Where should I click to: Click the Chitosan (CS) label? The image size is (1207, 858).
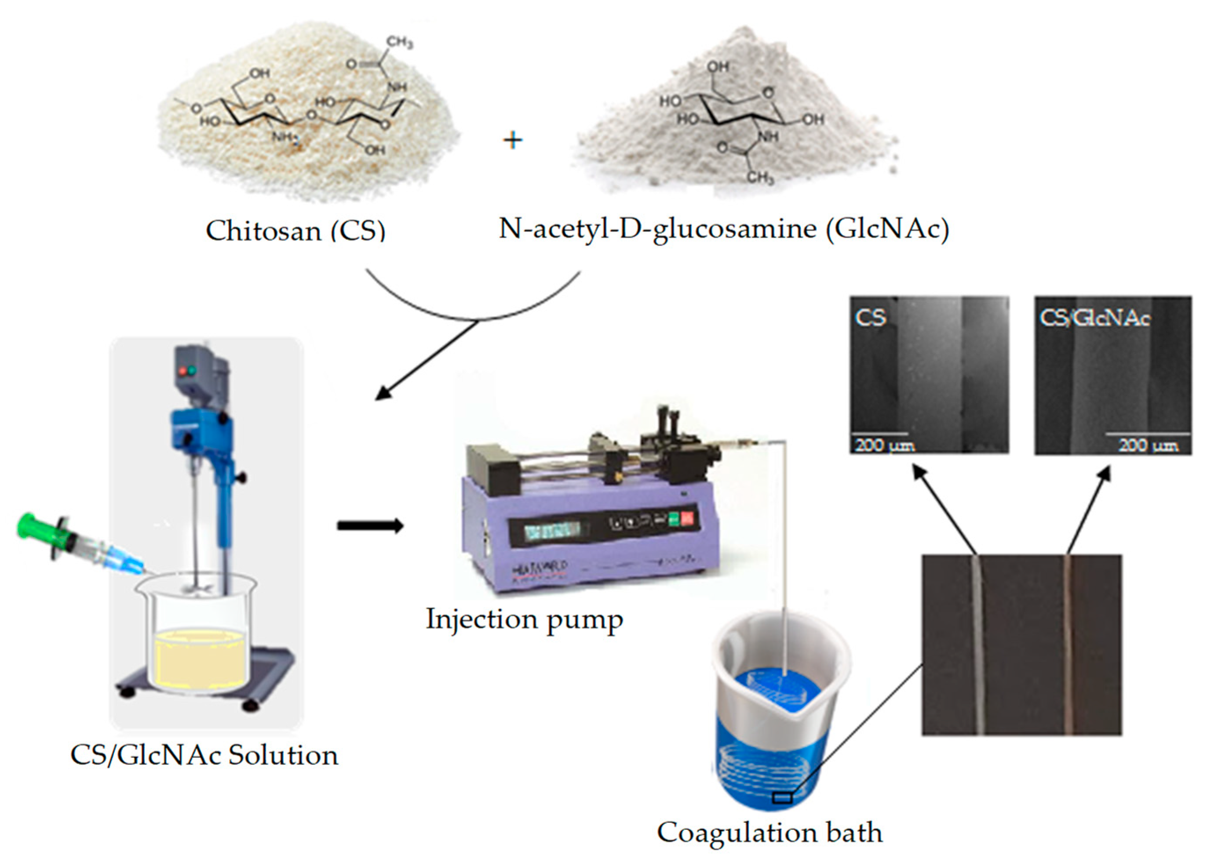pos(295,231)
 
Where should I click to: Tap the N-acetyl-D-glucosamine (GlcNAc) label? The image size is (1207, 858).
pos(724,229)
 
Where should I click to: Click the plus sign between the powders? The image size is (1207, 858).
pos(512,141)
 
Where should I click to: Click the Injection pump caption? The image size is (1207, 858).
pos(524,620)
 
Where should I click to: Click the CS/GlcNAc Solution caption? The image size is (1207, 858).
pos(204,755)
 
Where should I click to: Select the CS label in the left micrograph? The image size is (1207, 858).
pos(870,317)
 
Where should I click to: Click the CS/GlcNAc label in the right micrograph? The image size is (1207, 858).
pos(1094,318)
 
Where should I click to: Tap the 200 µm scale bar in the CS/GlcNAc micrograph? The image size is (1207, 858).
pos(1147,434)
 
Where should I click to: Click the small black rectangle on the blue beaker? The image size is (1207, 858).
pos(782,798)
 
